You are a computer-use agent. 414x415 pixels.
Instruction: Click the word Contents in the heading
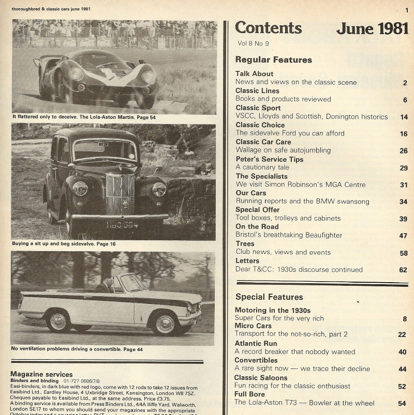(x=268, y=28)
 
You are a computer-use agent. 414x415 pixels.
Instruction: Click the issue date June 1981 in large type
(x=372, y=28)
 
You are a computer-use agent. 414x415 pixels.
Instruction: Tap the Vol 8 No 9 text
(x=253, y=43)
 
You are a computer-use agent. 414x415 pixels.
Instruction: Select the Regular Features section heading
(x=273, y=60)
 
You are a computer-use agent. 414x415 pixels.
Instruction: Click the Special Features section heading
(x=269, y=297)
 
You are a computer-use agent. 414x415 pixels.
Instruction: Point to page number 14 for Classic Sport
(x=404, y=117)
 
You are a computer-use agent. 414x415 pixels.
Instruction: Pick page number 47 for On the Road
(x=404, y=235)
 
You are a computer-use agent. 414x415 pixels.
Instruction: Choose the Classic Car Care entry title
(x=263, y=142)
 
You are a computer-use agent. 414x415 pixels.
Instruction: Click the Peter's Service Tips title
(x=269, y=159)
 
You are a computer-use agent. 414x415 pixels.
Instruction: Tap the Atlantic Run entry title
(x=256, y=343)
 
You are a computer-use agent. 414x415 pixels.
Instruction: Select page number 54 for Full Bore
(x=402, y=404)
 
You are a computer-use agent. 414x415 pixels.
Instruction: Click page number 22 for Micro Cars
(x=402, y=334)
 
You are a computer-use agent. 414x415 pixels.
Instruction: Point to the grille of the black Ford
(x=120, y=193)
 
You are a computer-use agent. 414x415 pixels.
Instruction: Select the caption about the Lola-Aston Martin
(x=84, y=117)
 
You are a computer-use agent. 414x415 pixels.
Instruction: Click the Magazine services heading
(x=41, y=374)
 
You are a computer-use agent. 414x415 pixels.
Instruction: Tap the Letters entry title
(x=247, y=260)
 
